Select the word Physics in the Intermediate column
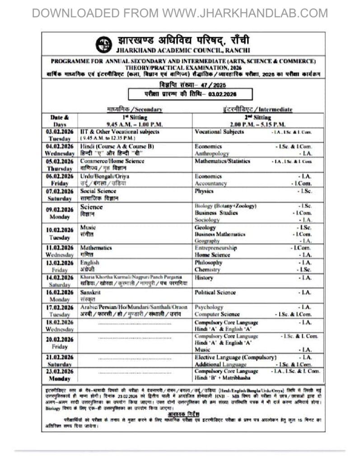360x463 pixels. tap(204, 191)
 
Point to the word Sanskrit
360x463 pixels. tap(91, 292)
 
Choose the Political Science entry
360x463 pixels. tap(215, 293)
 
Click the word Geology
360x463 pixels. tap(205, 227)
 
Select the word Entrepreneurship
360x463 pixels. tap(215, 248)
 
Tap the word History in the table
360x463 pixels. tap(204, 278)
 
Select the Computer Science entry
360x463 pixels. tap(217, 314)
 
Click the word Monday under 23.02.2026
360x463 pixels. tap(60, 378)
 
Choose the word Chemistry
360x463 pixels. tap(207, 269)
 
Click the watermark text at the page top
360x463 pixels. tap(180, 13)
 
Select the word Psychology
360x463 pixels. tap(209, 307)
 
